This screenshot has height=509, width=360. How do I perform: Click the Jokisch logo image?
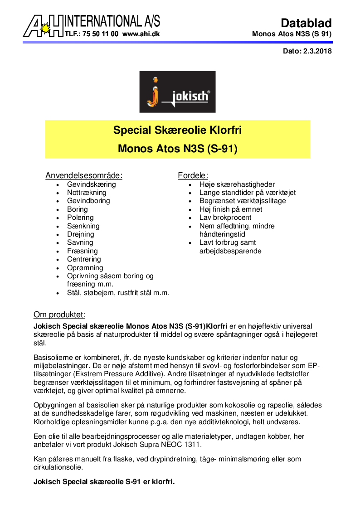(177, 92)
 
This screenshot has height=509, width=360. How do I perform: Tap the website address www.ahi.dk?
(141, 34)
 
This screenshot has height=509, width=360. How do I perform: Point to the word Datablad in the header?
(306, 23)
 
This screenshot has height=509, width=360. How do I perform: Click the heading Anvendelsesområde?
(84, 175)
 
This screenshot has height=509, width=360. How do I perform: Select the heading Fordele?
(193, 175)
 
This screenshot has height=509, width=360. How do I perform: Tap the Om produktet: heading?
(59, 315)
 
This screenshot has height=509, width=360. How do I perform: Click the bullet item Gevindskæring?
(92, 184)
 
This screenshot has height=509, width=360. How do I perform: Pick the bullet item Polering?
(80, 218)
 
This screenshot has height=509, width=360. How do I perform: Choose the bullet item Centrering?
(84, 259)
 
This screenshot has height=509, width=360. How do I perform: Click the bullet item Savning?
(80, 242)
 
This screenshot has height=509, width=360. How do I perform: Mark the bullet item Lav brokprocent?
(225, 218)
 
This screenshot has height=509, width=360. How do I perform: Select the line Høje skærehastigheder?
(237, 184)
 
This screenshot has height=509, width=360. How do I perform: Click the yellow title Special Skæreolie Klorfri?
(177, 131)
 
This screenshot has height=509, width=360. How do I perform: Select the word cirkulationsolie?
(60, 467)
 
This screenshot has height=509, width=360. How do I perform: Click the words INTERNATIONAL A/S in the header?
(112, 21)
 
